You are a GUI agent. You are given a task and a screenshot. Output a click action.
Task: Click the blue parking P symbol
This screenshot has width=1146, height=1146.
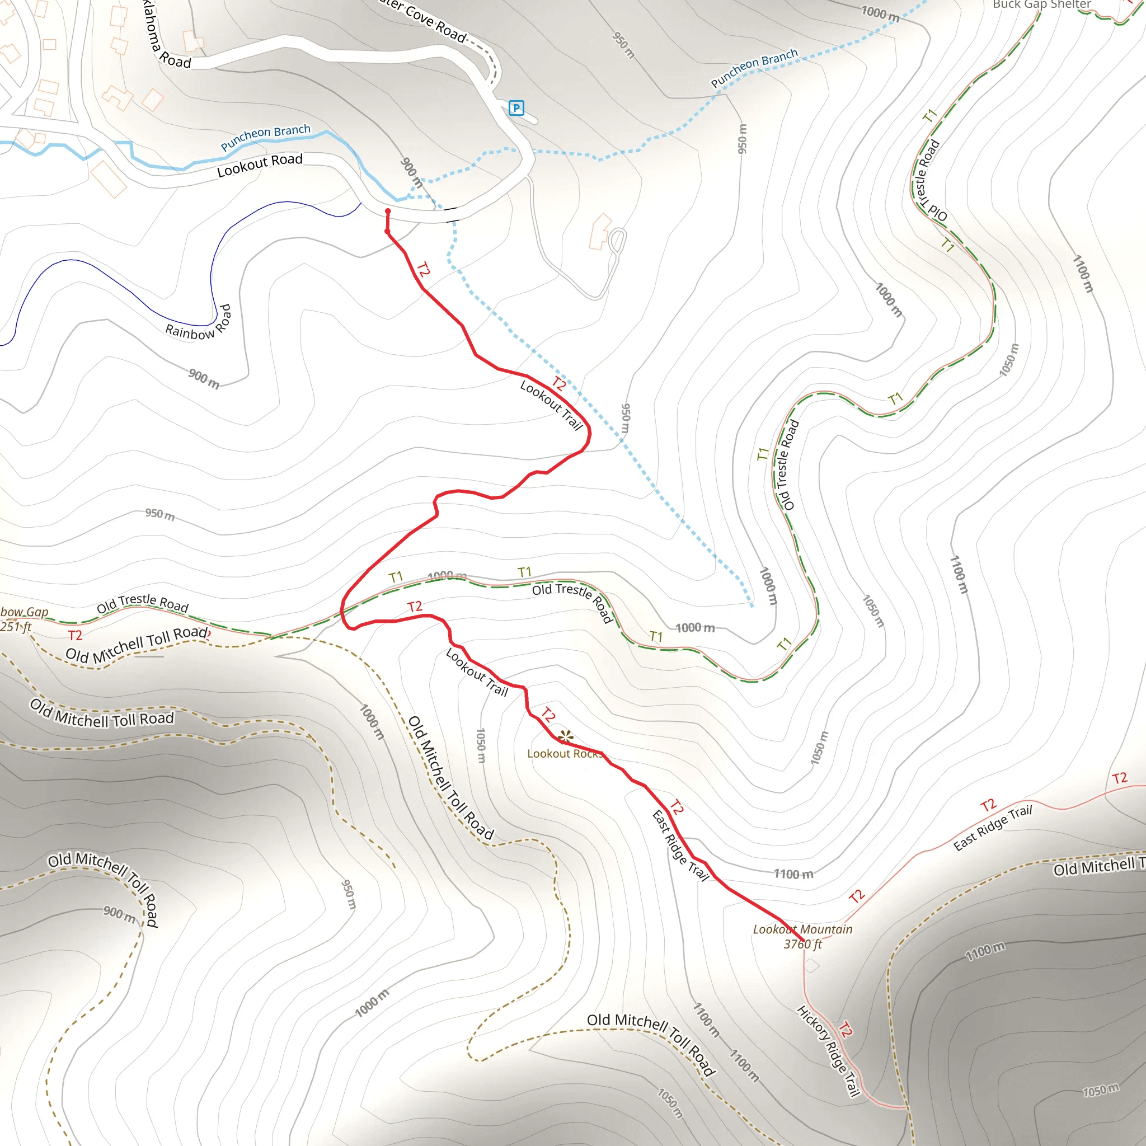pos(516,108)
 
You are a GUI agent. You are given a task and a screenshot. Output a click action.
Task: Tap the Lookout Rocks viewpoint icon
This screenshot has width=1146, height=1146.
pos(565,738)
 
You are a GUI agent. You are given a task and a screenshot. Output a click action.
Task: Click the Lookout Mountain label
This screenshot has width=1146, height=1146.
pos(802,929)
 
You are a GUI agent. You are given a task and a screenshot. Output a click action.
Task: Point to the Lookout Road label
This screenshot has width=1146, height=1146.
pos(260,166)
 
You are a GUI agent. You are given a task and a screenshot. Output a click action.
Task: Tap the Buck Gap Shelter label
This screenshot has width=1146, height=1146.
pos(1041,4)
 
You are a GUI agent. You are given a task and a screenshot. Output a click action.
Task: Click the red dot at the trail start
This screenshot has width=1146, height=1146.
pos(388,211)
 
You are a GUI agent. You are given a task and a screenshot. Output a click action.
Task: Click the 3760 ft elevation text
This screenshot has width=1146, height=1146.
pos(802,945)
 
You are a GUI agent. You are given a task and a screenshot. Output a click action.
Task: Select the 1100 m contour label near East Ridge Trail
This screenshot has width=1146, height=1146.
pos(793,873)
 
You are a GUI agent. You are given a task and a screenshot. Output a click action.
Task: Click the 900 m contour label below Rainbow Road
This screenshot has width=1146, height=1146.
pos(204,378)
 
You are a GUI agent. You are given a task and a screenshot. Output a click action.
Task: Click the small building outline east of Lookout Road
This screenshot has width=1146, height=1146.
pos(600,231)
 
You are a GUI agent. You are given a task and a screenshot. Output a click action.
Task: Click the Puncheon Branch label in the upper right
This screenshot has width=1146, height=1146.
pos(754,68)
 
